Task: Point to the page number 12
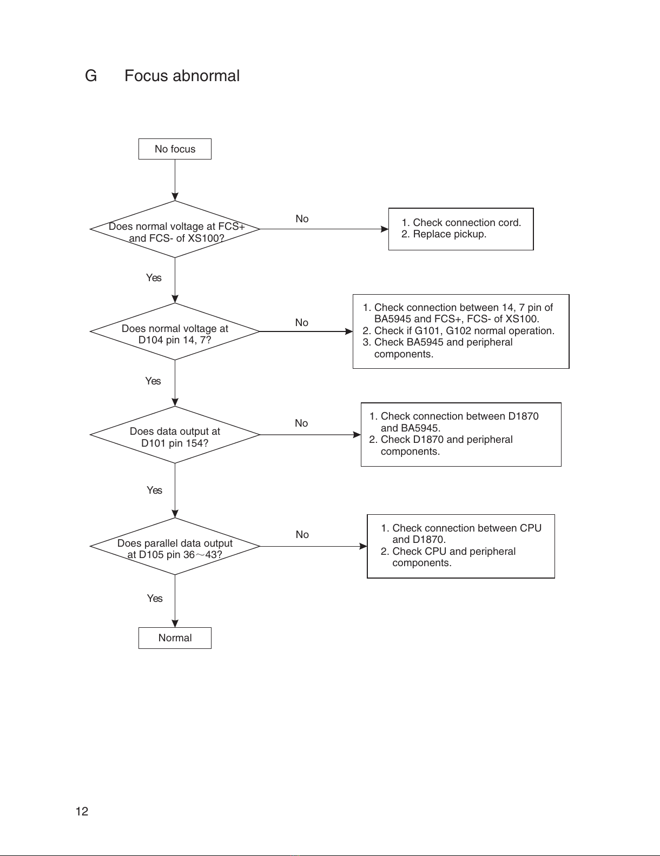click(x=82, y=811)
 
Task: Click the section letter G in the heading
click(x=91, y=76)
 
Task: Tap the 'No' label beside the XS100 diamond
click(x=302, y=218)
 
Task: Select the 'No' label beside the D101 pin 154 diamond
click(x=301, y=423)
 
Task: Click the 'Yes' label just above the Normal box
click(x=155, y=598)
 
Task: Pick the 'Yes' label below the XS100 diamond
click(x=154, y=278)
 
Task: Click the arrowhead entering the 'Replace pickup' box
click(x=385, y=229)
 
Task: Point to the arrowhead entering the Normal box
click(x=175, y=623)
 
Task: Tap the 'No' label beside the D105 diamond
click(x=302, y=535)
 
